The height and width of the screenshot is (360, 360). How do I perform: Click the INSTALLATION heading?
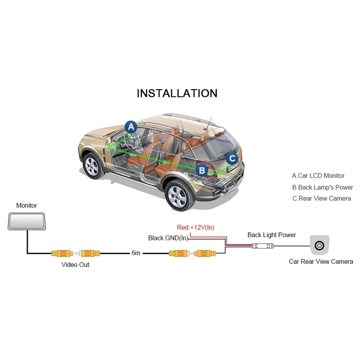click(177, 93)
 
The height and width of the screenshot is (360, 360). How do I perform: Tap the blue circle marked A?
click(130, 126)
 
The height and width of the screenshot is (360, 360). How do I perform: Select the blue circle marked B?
click(202, 170)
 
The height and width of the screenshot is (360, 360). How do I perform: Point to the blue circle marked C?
click(232, 158)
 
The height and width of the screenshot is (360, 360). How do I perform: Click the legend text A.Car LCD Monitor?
click(318, 175)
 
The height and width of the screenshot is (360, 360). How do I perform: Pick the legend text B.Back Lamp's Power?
click(323, 187)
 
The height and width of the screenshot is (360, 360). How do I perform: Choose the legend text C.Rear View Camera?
click(321, 198)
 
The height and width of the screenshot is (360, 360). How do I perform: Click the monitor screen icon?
click(27, 221)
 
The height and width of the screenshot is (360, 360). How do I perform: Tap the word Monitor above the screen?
click(27, 206)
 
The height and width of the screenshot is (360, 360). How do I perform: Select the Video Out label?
click(76, 265)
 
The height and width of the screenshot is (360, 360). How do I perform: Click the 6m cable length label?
click(136, 253)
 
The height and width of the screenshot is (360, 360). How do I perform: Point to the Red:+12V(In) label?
click(196, 227)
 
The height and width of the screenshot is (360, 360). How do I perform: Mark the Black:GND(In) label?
click(168, 238)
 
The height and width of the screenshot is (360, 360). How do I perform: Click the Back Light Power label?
click(272, 235)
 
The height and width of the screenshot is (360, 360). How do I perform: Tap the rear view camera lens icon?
click(319, 246)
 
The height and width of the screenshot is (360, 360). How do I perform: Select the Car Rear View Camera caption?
click(321, 261)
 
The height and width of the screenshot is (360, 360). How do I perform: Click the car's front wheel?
click(92, 166)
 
